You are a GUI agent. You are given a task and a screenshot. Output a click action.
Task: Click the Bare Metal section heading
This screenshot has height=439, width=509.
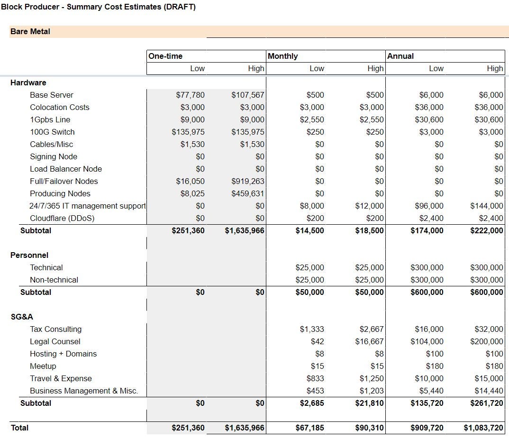[x=30, y=31]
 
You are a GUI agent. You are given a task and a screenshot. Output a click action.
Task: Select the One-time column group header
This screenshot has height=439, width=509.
[x=165, y=56]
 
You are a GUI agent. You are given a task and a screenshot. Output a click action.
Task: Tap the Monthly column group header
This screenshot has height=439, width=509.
[x=283, y=56]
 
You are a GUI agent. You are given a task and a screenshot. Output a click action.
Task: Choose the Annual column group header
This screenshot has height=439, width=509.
[x=400, y=56]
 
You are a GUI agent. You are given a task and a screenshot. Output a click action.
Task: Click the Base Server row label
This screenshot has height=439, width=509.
[x=52, y=95]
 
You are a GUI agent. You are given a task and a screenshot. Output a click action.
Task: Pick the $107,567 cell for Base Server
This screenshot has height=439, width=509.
[x=248, y=95]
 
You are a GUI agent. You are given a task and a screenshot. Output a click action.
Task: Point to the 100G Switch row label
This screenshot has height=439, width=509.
[x=52, y=132]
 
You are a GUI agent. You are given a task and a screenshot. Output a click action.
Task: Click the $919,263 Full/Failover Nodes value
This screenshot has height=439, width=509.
[x=248, y=181]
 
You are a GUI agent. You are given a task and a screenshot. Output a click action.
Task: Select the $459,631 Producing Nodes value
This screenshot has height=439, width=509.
[x=248, y=193]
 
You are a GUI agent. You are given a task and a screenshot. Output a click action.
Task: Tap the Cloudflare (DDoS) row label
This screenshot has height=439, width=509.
[x=62, y=218]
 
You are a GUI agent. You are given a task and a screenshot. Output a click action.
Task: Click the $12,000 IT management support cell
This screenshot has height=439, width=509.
[x=369, y=206]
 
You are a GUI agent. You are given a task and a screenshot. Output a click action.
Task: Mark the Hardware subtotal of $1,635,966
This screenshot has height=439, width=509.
[x=245, y=230]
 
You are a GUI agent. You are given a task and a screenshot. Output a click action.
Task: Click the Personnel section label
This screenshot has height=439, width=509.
[x=29, y=255]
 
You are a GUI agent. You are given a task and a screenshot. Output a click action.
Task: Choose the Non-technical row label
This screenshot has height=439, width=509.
[x=54, y=280]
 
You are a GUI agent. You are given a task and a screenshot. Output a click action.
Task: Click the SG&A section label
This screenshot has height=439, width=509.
[x=22, y=317]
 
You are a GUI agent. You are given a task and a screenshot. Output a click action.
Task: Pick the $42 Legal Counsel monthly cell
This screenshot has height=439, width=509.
[x=317, y=342]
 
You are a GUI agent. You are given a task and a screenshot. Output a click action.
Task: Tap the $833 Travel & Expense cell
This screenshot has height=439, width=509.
[x=315, y=379]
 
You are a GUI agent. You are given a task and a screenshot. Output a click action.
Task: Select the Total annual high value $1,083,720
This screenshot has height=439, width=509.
[x=483, y=428]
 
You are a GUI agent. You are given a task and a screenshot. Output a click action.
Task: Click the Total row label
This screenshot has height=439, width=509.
[x=19, y=428]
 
